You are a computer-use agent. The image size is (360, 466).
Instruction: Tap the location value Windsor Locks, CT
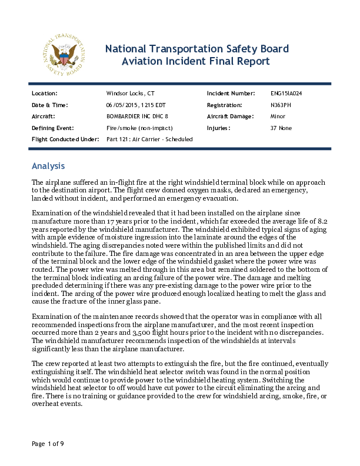point(130,94)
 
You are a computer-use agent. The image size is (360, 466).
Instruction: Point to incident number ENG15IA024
point(286,94)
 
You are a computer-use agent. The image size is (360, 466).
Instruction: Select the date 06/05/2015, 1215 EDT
point(132,105)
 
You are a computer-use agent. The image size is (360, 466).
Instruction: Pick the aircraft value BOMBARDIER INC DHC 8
point(137,116)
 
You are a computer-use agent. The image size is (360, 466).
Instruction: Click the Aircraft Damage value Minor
point(278,116)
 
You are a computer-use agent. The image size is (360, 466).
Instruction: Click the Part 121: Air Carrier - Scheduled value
point(149,139)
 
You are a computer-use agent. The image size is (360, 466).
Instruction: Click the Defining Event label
point(52,128)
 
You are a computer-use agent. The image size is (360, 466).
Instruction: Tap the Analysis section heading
point(48,166)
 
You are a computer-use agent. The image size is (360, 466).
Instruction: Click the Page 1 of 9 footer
point(48,444)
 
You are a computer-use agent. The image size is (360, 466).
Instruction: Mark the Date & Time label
point(49,105)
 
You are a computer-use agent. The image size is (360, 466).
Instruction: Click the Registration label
point(225,105)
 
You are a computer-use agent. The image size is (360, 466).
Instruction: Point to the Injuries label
point(218,128)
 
